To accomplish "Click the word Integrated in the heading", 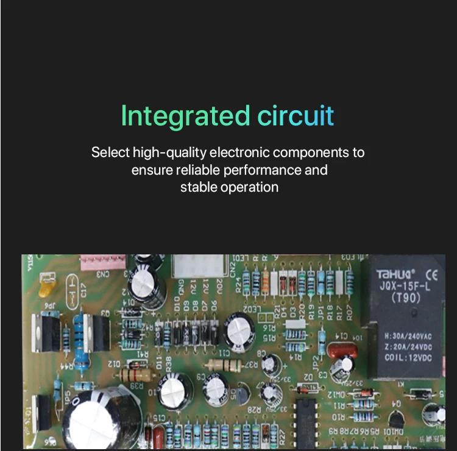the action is click(185, 116).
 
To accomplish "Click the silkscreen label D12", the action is click(113, 363).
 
